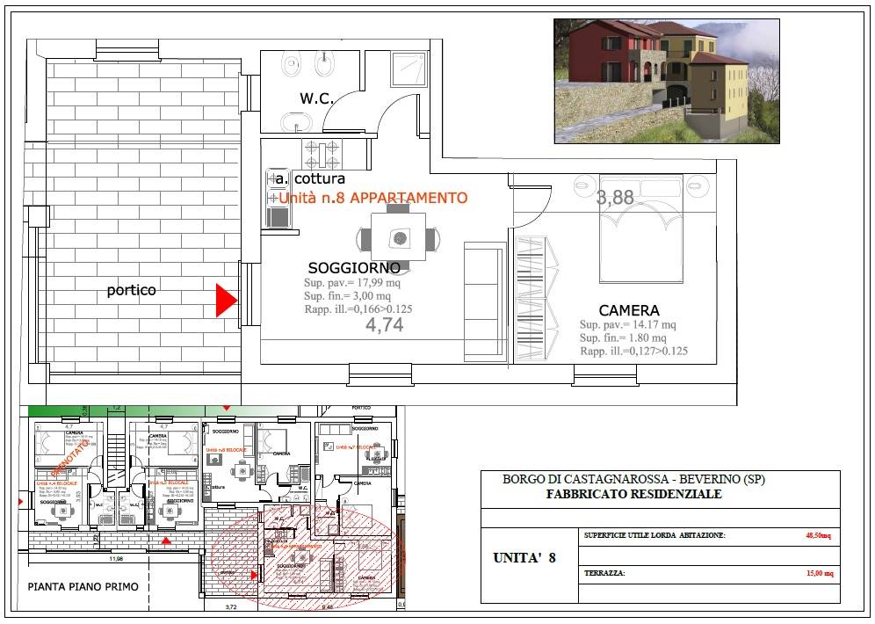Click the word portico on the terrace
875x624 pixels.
132,289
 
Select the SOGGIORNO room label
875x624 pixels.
354,267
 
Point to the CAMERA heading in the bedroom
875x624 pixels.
629,310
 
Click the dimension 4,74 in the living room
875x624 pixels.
384,325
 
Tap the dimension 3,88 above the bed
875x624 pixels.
615,198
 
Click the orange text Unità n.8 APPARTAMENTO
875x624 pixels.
373,199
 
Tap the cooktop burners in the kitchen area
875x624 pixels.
322,156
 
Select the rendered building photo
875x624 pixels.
666,81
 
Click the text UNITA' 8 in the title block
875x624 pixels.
524,557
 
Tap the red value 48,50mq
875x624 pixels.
819,534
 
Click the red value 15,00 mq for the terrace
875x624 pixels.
819,573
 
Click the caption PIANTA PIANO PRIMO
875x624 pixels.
83,586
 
